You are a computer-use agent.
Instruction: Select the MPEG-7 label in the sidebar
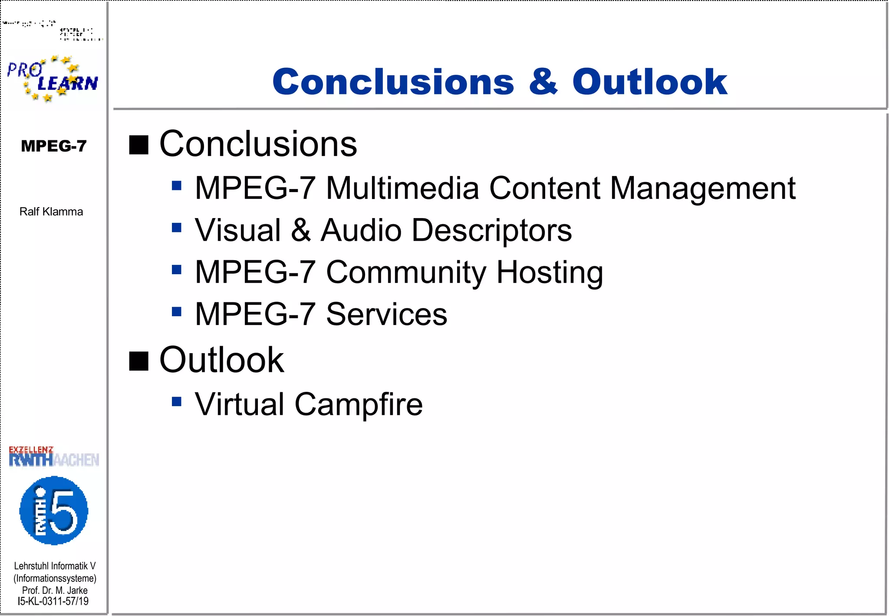(54, 146)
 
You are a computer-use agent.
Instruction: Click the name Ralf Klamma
(51, 212)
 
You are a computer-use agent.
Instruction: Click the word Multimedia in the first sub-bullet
(402, 188)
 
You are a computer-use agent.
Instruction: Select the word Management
(703, 188)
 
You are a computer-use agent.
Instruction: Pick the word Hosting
(550, 272)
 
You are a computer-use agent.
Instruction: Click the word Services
(386, 314)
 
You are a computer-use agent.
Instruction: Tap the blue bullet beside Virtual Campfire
(176, 401)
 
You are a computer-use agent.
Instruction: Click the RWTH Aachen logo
(54, 457)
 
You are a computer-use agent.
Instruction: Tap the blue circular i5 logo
(54, 510)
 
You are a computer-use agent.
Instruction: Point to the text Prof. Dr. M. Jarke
(55, 590)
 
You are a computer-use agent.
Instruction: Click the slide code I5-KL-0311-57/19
(53, 601)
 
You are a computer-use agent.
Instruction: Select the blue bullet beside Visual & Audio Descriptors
(176, 228)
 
